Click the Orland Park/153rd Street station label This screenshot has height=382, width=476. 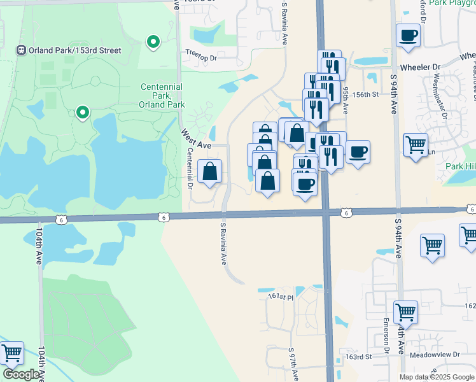[74, 50]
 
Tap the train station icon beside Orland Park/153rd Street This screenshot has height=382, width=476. [21, 50]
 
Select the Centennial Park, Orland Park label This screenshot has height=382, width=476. [162, 95]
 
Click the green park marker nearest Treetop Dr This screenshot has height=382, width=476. [153, 43]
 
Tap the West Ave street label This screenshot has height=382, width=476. [195, 139]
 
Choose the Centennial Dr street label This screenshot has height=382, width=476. [190, 169]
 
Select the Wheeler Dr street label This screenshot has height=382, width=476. [420, 67]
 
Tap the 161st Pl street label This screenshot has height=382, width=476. [281, 297]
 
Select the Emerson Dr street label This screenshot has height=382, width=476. [386, 336]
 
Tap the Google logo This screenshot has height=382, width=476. [21, 374]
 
